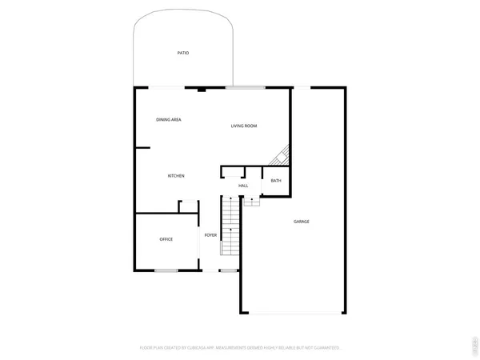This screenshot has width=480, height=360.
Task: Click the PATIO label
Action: tap(183, 53)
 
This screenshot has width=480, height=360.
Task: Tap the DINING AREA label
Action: tap(168, 119)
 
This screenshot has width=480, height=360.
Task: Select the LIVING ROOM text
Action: tap(244, 126)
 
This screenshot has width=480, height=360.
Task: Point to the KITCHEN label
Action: tap(176, 176)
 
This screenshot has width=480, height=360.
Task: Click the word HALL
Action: tap(243, 186)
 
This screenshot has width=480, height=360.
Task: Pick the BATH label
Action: tap(276, 181)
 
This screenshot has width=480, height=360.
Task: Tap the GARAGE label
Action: tap(301, 222)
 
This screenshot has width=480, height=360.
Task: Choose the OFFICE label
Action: tap(166, 239)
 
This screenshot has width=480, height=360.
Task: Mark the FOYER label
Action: tap(210, 235)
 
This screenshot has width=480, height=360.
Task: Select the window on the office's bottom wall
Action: tap(166, 270)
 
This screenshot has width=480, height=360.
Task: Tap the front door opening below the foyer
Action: tap(228, 270)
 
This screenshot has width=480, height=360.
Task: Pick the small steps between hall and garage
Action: tap(252, 201)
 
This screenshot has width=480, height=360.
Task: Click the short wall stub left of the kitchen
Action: tap(143, 147)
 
